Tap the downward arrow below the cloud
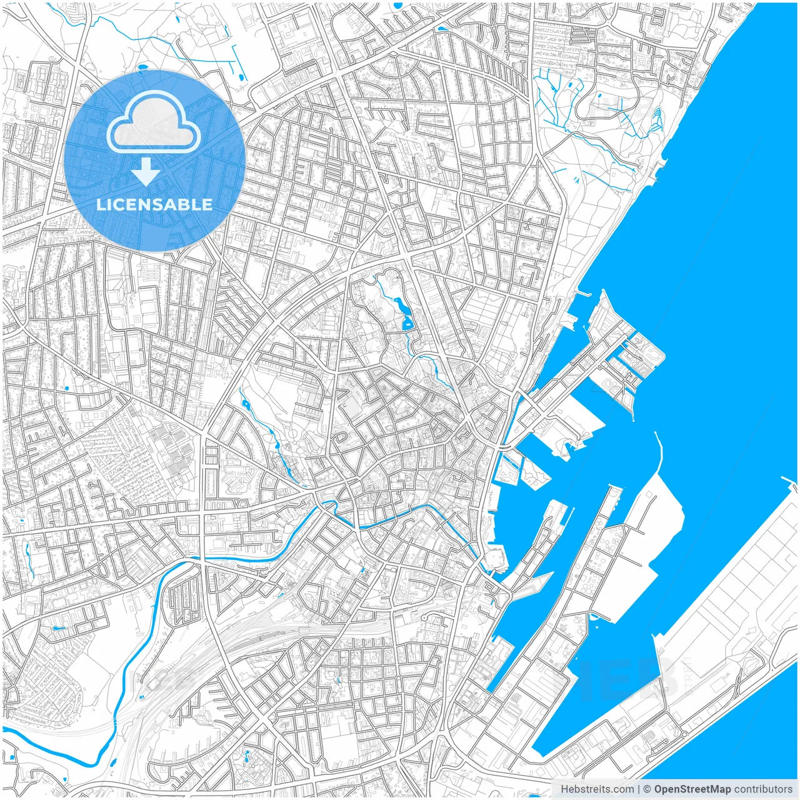146,171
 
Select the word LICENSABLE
154,204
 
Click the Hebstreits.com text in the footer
597,789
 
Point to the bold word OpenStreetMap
692,789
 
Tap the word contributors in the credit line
763,789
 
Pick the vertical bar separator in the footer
638,789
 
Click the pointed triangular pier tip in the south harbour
550,574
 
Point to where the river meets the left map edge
4,729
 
